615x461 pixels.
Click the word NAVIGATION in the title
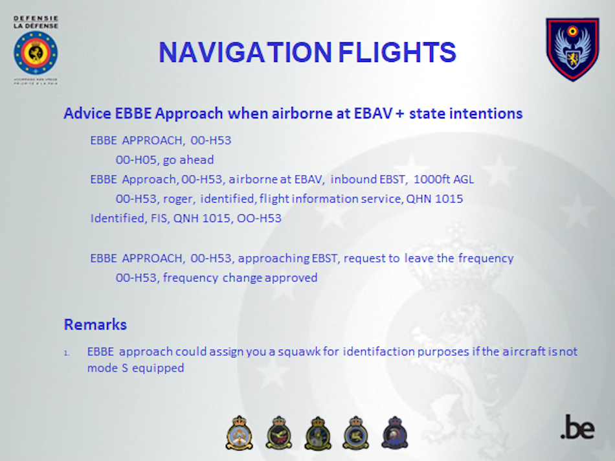[x=245, y=52]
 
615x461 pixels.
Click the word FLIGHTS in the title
[x=397, y=52]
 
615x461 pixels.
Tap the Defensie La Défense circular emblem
[x=36, y=53]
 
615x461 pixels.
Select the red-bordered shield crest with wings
[x=573, y=49]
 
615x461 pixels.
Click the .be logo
[x=577, y=427]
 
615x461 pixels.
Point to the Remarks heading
[x=95, y=324]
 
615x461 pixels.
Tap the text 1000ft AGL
[x=443, y=179]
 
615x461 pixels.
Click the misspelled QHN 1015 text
[x=434, y=199]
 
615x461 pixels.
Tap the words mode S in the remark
[x=107, y=368]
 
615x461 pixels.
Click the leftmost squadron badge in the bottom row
[x=240, y=433]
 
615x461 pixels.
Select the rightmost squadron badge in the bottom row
[x=395, y=433]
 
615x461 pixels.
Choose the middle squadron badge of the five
[x=318, y=433]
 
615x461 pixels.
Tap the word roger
[x=179, y=199]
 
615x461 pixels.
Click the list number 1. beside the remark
[x=67, y=354]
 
